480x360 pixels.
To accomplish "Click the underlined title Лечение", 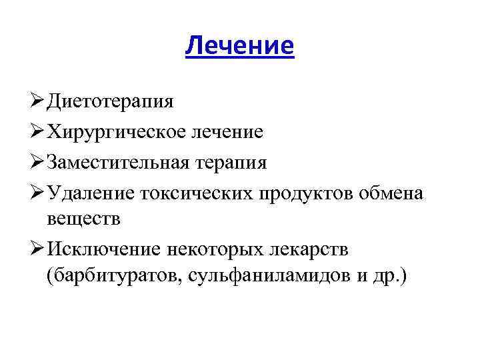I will point(239,45).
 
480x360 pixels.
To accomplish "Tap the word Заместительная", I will point(120,163).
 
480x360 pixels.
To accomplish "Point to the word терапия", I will point(233,163).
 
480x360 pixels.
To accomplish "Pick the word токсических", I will point(193,193).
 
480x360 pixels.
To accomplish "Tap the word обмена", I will point(391,193).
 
